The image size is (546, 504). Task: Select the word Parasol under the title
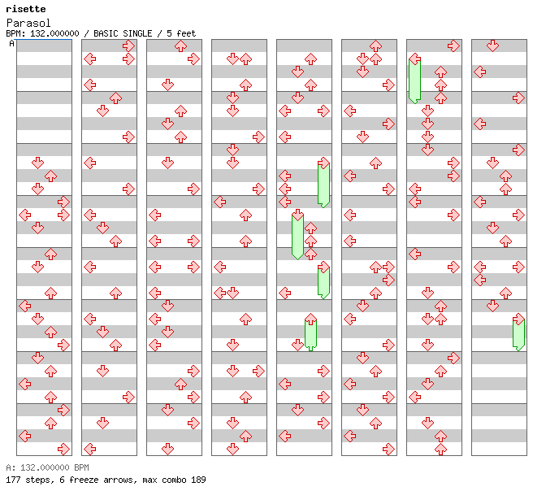coord(24,23)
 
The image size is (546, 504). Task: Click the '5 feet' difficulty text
coord(181,33)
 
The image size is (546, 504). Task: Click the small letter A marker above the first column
coord(11,43)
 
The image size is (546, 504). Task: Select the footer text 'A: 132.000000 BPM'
coord(47,468)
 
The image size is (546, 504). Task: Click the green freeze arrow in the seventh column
coord(414,80)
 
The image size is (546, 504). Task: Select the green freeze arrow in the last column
coord(518,333)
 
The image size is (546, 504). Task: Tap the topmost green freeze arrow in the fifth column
coord(323,184)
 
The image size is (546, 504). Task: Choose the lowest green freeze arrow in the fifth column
coord(310,334)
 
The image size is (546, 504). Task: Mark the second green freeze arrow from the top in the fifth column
coord(297,234)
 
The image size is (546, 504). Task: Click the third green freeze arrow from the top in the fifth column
coord(323,281)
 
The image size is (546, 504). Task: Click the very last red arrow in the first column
coord(63,449)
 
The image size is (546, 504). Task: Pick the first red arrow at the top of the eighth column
coord(492,46)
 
